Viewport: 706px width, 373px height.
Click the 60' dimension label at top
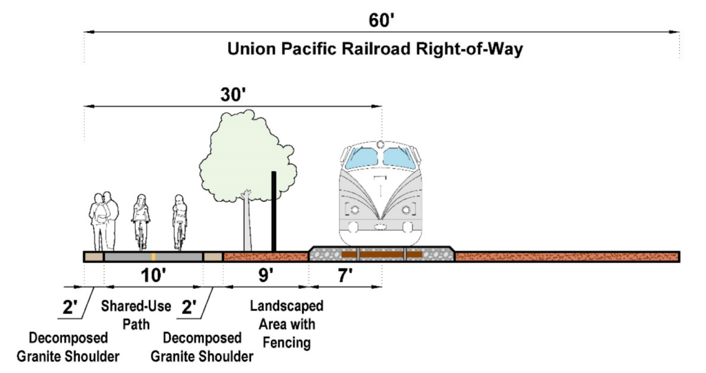381,20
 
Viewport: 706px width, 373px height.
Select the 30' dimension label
232,95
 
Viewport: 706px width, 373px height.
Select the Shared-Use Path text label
136,314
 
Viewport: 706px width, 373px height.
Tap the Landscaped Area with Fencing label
286,324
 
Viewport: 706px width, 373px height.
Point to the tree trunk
247,221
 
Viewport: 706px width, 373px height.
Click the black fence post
274,210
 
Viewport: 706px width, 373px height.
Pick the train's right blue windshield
399,159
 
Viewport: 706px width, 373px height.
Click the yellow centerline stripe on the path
153,256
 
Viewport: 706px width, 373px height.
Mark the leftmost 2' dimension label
70,308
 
